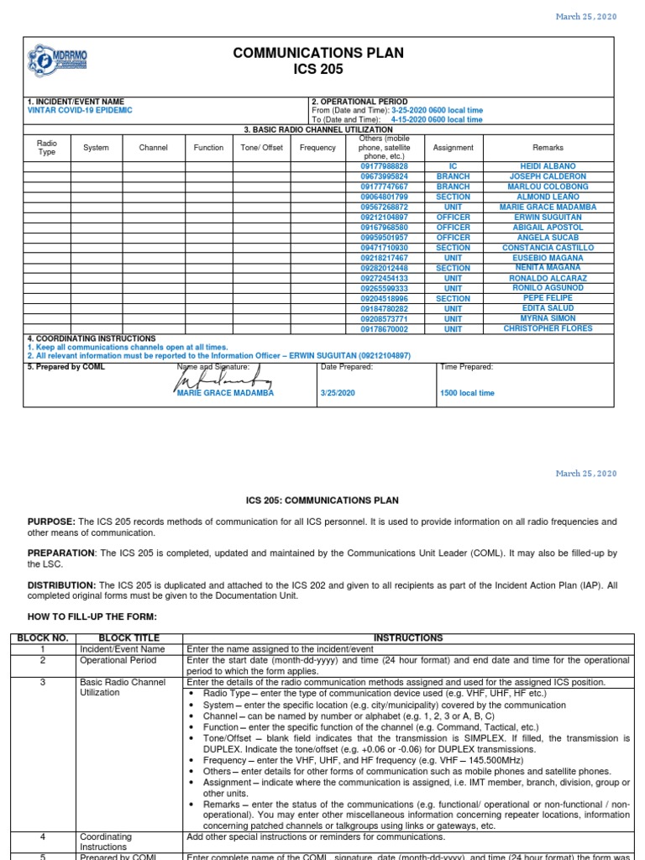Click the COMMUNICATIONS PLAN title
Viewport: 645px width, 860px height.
coord(318,53)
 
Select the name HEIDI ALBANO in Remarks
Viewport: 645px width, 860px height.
coord(548,166)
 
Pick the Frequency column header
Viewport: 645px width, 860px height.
coord(317,148)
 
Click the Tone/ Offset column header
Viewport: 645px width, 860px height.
coord(261,148)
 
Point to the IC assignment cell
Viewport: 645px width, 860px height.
coord(453,166)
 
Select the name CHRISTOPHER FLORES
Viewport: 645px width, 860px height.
coord(548,329)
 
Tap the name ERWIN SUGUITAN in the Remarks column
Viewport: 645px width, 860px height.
coord(548,217)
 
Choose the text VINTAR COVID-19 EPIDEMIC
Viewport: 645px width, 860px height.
coord(80,111)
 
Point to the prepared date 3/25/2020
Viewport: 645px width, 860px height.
coord(338,393)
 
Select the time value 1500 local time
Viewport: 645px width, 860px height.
coord(468,393)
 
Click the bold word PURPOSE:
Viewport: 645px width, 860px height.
coord(54,522)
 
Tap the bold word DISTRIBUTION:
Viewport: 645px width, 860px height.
coord(62,585)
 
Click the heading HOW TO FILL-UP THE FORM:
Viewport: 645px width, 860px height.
coord(92,617)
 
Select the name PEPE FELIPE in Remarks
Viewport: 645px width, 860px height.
coord(548,298)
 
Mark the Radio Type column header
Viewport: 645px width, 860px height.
coord(47,148)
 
